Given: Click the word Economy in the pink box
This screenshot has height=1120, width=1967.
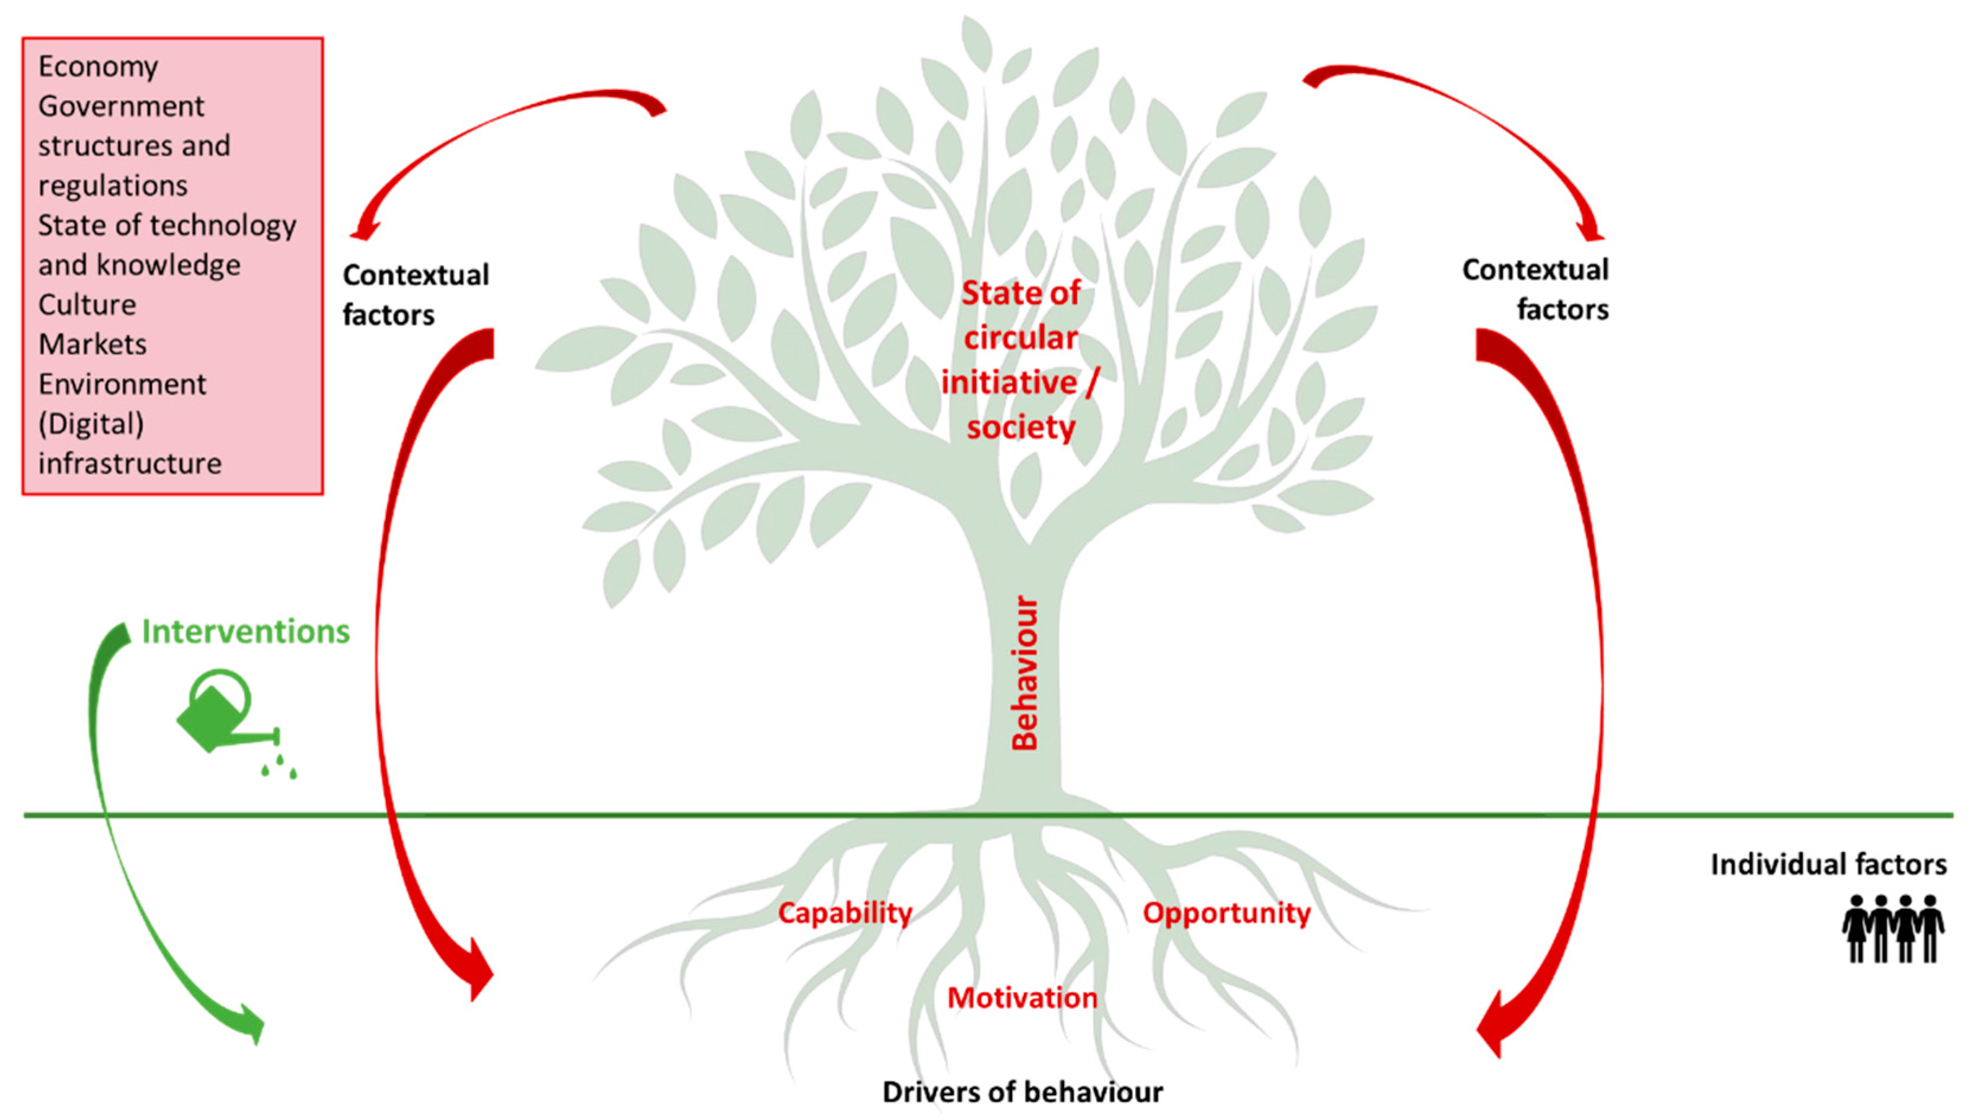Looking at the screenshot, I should (x=98, y=67).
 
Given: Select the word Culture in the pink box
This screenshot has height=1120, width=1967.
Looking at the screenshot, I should (x=87, y=305).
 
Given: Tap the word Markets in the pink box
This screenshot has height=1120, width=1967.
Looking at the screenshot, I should (x=92, y=345).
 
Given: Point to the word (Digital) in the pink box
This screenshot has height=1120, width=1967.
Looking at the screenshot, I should (x=91, y=424).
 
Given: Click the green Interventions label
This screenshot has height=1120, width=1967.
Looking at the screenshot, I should (x=245, y=632).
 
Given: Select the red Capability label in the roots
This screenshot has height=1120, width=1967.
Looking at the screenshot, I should (x=844, y=913).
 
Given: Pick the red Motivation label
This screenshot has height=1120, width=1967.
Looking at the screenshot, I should (x=1021, y=998).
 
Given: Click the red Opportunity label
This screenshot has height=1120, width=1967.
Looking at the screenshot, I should (x=1226, y=913).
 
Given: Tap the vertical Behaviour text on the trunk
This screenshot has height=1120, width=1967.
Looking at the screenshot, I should (x=1025, y=673).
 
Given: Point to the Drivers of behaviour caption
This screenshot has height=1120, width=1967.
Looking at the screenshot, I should (x=1022, y=1092).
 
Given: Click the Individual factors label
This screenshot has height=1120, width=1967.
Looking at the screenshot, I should (x=1828, y=865).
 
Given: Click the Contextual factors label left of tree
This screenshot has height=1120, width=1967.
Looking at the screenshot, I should (x=415, y=295).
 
